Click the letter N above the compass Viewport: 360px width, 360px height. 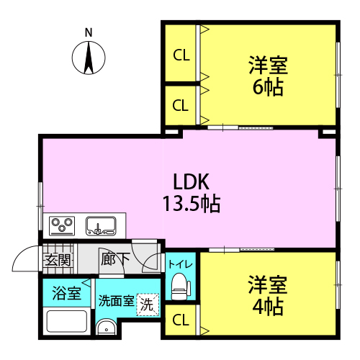pos(89,32)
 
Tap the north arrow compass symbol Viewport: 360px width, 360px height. pos(89,58)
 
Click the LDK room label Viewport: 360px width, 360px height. pos(191,181)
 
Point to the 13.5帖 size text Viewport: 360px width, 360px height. pos(192,204)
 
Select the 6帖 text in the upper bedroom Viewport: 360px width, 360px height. pos(268,88)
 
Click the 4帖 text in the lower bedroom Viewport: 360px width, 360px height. pos(268,307)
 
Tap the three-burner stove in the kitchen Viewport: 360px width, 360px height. pos(62,226)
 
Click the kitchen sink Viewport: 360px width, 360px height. pos(101,226)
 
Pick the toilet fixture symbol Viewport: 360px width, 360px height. pos(181,286)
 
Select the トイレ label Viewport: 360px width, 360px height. pos(181,264)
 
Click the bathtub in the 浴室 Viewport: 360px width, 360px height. pos(67,321)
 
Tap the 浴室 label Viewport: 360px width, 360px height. pos(66,293)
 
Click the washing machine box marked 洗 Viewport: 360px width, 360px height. pos(148,305)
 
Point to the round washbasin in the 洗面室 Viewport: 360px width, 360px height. pos(106,328)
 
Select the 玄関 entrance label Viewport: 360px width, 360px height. pos(58,260)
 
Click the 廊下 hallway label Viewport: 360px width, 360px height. pos(115,259)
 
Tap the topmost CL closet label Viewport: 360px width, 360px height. pos(181,55)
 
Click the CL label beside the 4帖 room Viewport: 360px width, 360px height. pos(181,320)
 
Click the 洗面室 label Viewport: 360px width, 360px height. pos(116,301)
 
